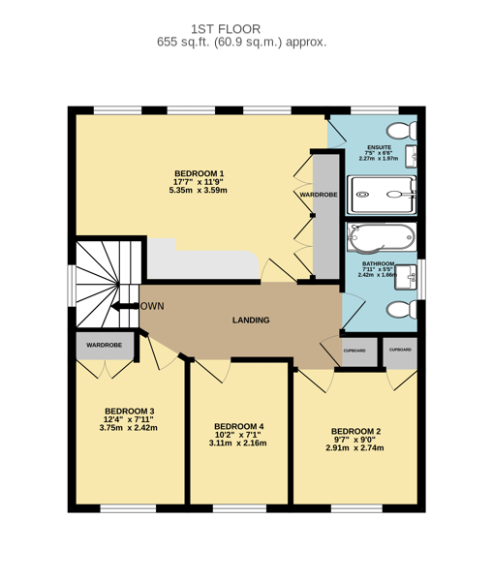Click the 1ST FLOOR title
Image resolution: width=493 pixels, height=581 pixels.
pyautogui.click(x=226, y=29)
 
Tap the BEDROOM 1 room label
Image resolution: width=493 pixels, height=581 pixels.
pyautogui.click(x=200, y=173)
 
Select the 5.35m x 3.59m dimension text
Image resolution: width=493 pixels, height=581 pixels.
pyautogui.click(x=198, y=191)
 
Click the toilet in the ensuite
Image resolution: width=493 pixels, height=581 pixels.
pyautogui.click(x=401, y=131)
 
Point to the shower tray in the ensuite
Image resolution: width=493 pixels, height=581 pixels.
pyautogui.click(x=382, y=195)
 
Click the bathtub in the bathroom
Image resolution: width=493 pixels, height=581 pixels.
pyautogui.click(x=381, y=237)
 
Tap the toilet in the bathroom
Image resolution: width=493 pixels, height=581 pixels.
pyautogui.click(x=401, y=310)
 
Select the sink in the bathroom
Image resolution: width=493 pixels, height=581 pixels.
pyautogui.click(x=405, y=277)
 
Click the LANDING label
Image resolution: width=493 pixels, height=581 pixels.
pyautogui.click(x=251, y=321)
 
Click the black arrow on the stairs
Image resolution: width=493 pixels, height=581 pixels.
pyautogui.click(x=125, y=306)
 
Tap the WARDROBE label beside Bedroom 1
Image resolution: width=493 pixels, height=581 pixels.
pyautogui.click(x=319, y=195)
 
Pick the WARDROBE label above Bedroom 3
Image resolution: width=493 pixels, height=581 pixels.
pyautogui.click(x=105, y=345)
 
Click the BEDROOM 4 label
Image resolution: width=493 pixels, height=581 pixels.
pyautogui.click(x=238, y=426)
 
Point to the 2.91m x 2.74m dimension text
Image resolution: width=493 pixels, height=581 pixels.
pyautogui.click(x=354, y=448)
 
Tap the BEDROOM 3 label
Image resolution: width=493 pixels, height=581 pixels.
pyautogui.click(x=130, y=412)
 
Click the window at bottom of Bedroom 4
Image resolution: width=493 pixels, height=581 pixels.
pyautogui.click(x=239, y=508)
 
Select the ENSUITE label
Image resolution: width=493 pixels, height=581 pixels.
pyautogui.click(x=380, y=147)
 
